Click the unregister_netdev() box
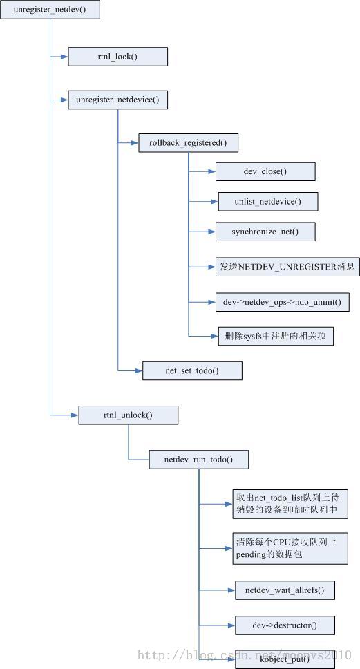pos(50,10)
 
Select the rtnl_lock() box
pos(117,56)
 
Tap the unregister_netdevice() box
pos(117,100)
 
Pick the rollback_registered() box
pos(188,143)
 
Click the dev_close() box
pos(265,171)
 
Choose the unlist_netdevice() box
pos(268,201)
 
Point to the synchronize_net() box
pos(265,232)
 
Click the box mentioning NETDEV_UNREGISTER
pos(287,267)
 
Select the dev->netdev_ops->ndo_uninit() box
pos(283,302)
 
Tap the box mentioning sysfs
pos(276,336)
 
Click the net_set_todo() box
pos(192,370)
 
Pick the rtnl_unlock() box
pos(128,415)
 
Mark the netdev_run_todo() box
pos(199,460)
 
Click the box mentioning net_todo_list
pos(290,504)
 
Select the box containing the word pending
pos(290,548)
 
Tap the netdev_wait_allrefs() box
pos(285,590)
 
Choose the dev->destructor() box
pos(285,625)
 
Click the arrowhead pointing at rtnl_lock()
pos(64,56)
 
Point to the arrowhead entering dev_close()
pos(211,171)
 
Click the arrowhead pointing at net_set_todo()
pos(139,370)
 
